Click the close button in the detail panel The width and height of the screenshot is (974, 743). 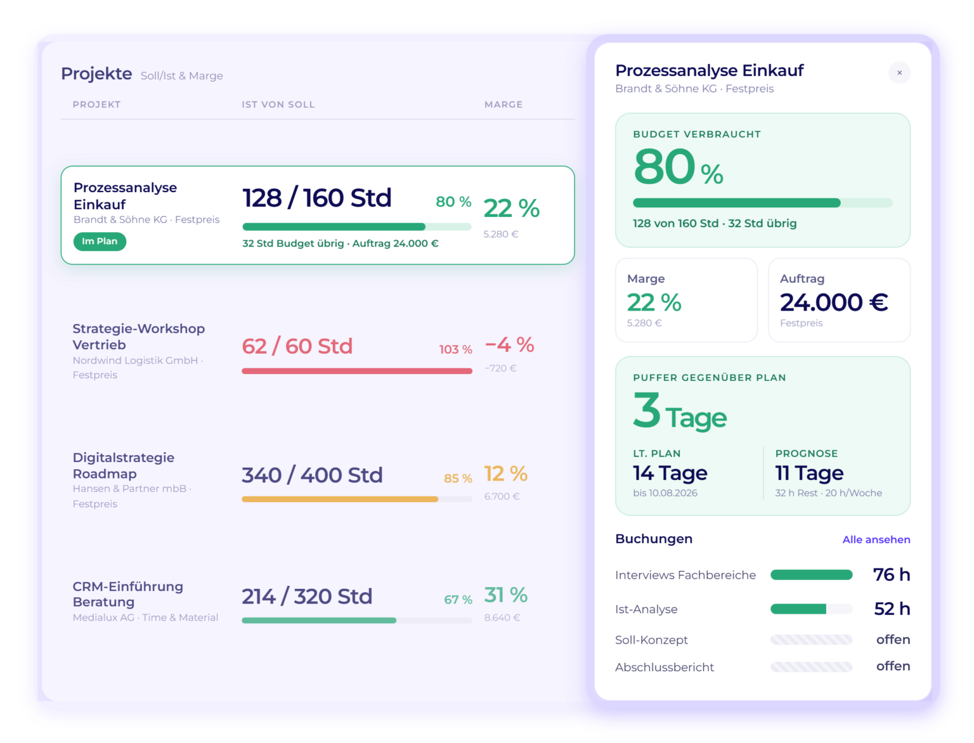click(x=899, y=73)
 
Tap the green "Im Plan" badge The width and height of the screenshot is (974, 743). click(x=100, y=242)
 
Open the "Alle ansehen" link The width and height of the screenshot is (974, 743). click(x=876, y=539)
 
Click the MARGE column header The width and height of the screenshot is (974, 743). click(x=503, y=105)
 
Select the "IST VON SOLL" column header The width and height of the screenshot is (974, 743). click(x=278, y=105)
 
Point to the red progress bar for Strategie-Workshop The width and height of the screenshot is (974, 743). click(x=357, y=371)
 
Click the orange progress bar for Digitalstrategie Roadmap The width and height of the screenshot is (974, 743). click(x=340, y=499)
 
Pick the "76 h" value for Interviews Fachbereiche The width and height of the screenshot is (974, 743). click(x=892, y=574)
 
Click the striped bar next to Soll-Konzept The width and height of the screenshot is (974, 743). click(x=811, y=639)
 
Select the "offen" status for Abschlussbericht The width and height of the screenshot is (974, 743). click(x=893, y=666)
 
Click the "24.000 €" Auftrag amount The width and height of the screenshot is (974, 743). click(x=834, y=302)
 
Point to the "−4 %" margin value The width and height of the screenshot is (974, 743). click(x=509, y=345)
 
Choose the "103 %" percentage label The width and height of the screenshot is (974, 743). click(x=455, y=349)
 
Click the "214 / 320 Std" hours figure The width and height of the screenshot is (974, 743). click(x=307, y=596)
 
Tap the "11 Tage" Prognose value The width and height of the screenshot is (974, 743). click(x=809, y=474)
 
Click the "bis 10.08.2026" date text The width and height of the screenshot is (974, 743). click(x=665, y=493)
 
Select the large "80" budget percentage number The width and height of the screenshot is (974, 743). click(x=664, y=166)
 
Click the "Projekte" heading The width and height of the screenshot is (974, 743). click(x=96, y=74)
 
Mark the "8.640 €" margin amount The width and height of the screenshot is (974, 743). click(x=502, y=617)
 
